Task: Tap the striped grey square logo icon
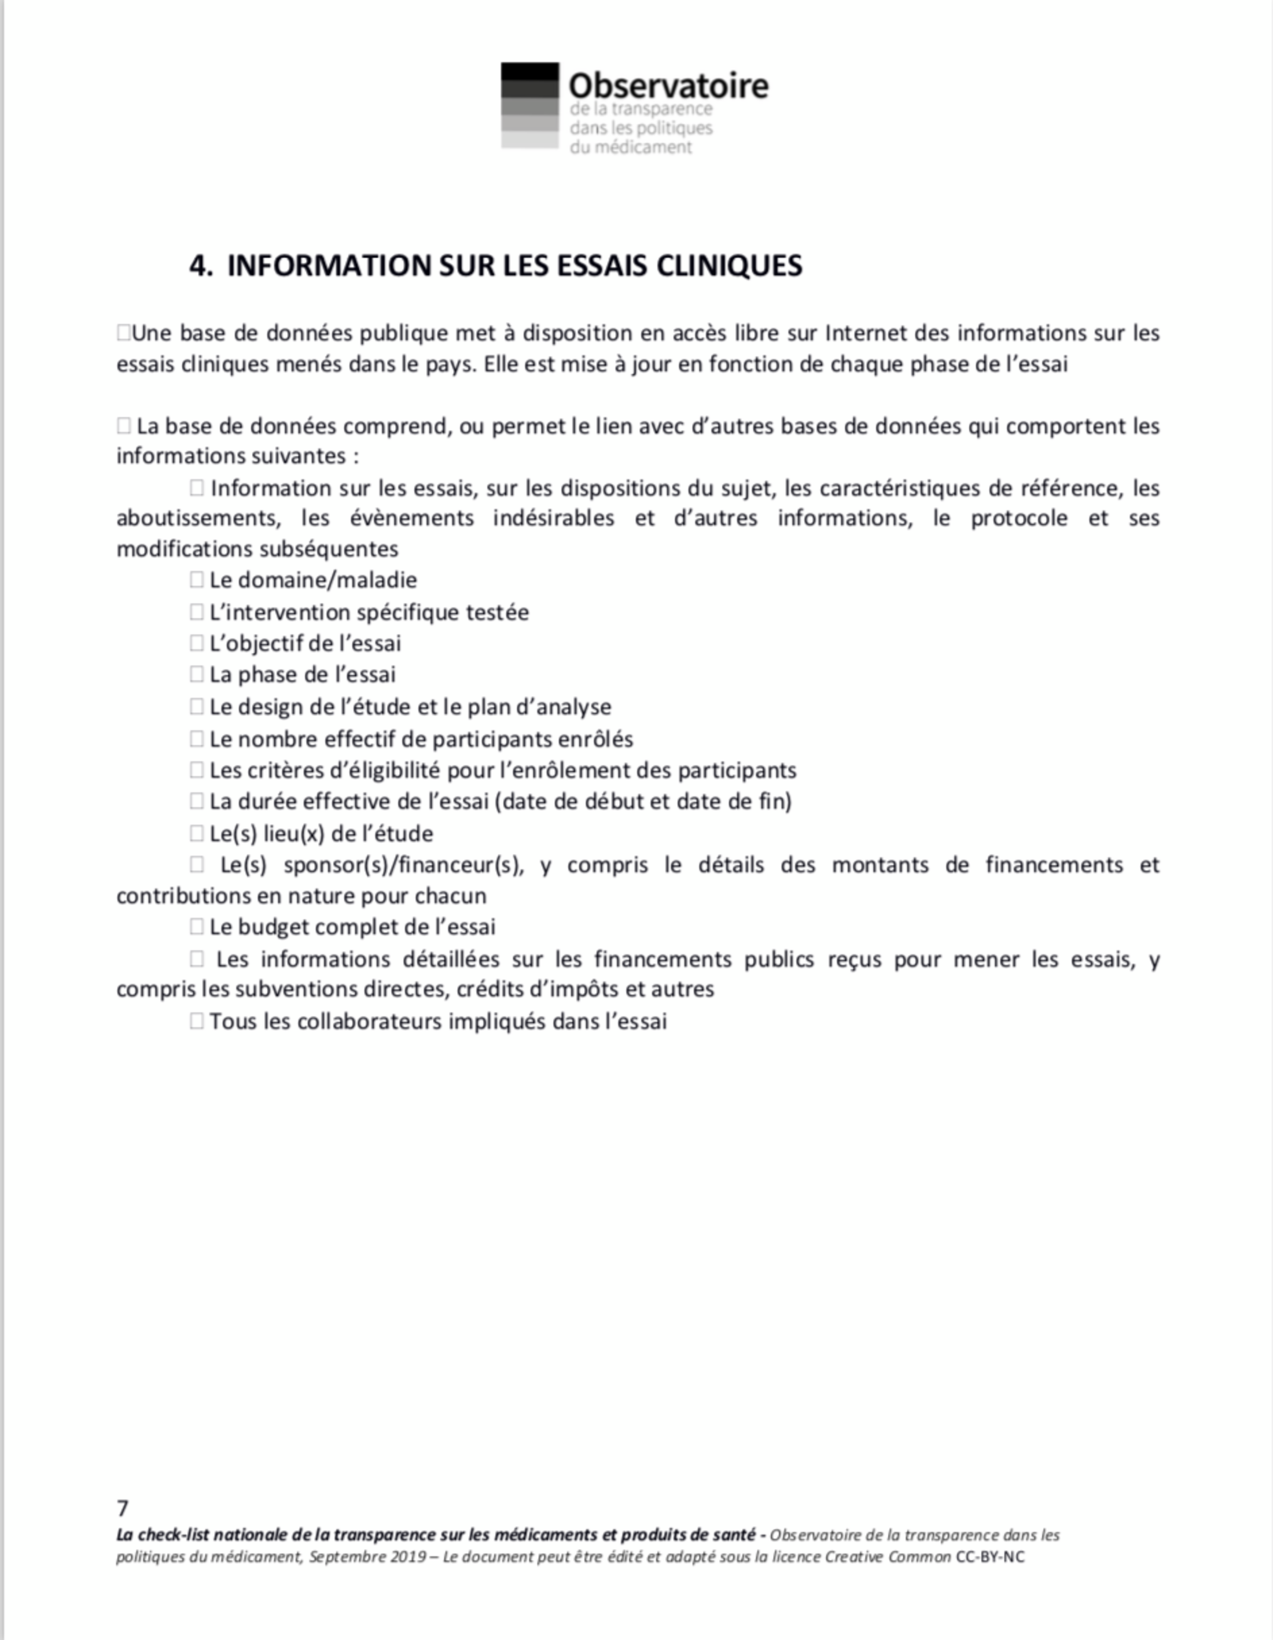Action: [529, 105]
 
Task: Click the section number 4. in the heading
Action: [201, 266]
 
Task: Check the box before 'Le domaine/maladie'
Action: [197, 580]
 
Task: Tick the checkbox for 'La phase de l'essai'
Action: [197, 675]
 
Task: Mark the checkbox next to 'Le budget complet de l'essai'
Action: [197, 927]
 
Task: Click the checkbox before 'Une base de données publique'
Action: [124, 333]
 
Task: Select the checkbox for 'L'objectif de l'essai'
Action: [197, 643]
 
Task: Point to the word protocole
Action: [1018, 519]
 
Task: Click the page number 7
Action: [123, 1509]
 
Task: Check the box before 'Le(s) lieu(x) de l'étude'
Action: [197, 834]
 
